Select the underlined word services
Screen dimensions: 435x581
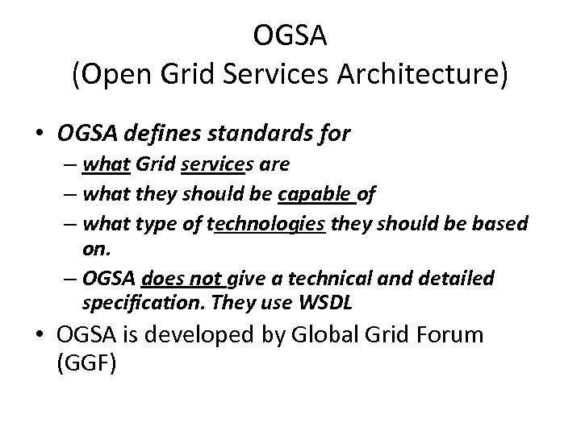212,165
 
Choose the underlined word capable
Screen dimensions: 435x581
307,194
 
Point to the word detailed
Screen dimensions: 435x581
456,278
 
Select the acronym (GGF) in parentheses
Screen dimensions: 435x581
87,363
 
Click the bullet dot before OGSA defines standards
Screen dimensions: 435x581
38,135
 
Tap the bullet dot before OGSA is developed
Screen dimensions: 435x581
38,335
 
